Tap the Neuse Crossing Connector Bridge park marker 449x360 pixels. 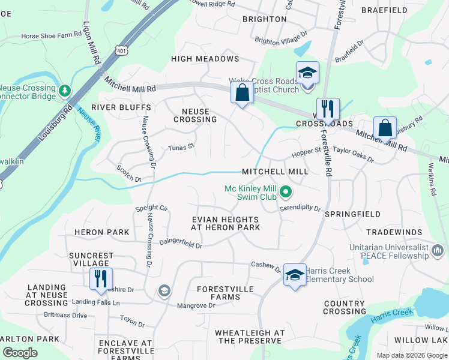tap(65, 90)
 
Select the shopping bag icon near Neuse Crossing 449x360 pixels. tap(242, 94)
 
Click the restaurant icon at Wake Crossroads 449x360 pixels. tap(328, 109)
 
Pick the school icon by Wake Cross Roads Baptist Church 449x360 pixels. tap(307, 74)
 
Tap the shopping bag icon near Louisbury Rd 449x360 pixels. tap(385, 128)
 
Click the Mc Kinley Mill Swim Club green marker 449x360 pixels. tap(286, 193)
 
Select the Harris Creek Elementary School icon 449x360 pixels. tap(294, 275)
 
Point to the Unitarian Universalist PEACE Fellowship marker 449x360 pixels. tap(436, 249)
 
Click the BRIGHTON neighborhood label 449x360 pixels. tap(265, 19)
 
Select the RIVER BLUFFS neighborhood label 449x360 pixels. tap(121, 107)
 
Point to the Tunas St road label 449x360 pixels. tap(181, 147)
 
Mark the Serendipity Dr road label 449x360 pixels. tap(300, 207)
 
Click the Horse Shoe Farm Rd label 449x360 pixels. tap(51, 35)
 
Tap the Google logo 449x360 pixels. tap(19, 353)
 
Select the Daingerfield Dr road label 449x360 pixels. tap(180, 245)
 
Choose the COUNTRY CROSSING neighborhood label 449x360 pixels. tap(345, 307)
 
